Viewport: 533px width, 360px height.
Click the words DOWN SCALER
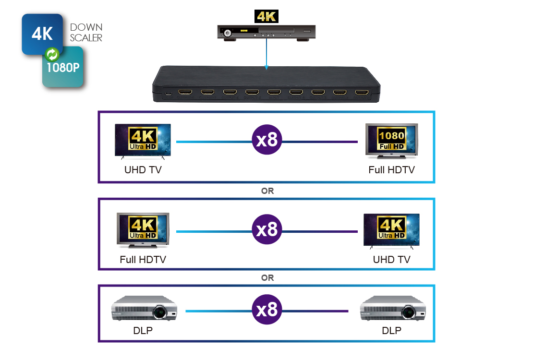86,33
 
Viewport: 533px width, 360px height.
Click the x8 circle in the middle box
267,229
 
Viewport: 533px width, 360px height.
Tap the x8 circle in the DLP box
267,310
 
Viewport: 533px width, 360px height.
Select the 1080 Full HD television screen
391,139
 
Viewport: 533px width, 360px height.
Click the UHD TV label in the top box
143,169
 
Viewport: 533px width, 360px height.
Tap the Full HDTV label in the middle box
143,260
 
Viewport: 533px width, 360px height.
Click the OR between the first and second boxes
267,191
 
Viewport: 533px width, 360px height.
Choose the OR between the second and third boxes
267,278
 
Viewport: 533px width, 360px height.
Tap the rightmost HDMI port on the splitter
361,92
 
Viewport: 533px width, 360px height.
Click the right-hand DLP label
391,331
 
